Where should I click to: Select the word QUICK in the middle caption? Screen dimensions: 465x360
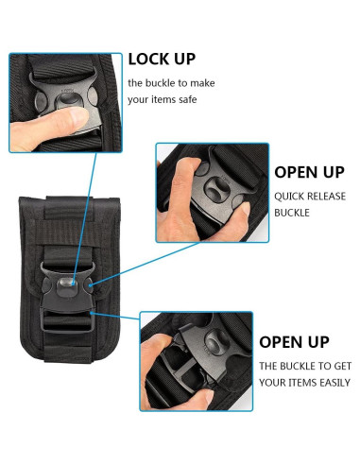tap(292, 198)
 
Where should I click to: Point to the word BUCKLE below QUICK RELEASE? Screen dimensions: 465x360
tap(293, 213)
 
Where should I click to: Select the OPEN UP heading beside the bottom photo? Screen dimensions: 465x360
tap(294, 341)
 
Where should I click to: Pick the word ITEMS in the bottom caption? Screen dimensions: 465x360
tap(293, 383)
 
